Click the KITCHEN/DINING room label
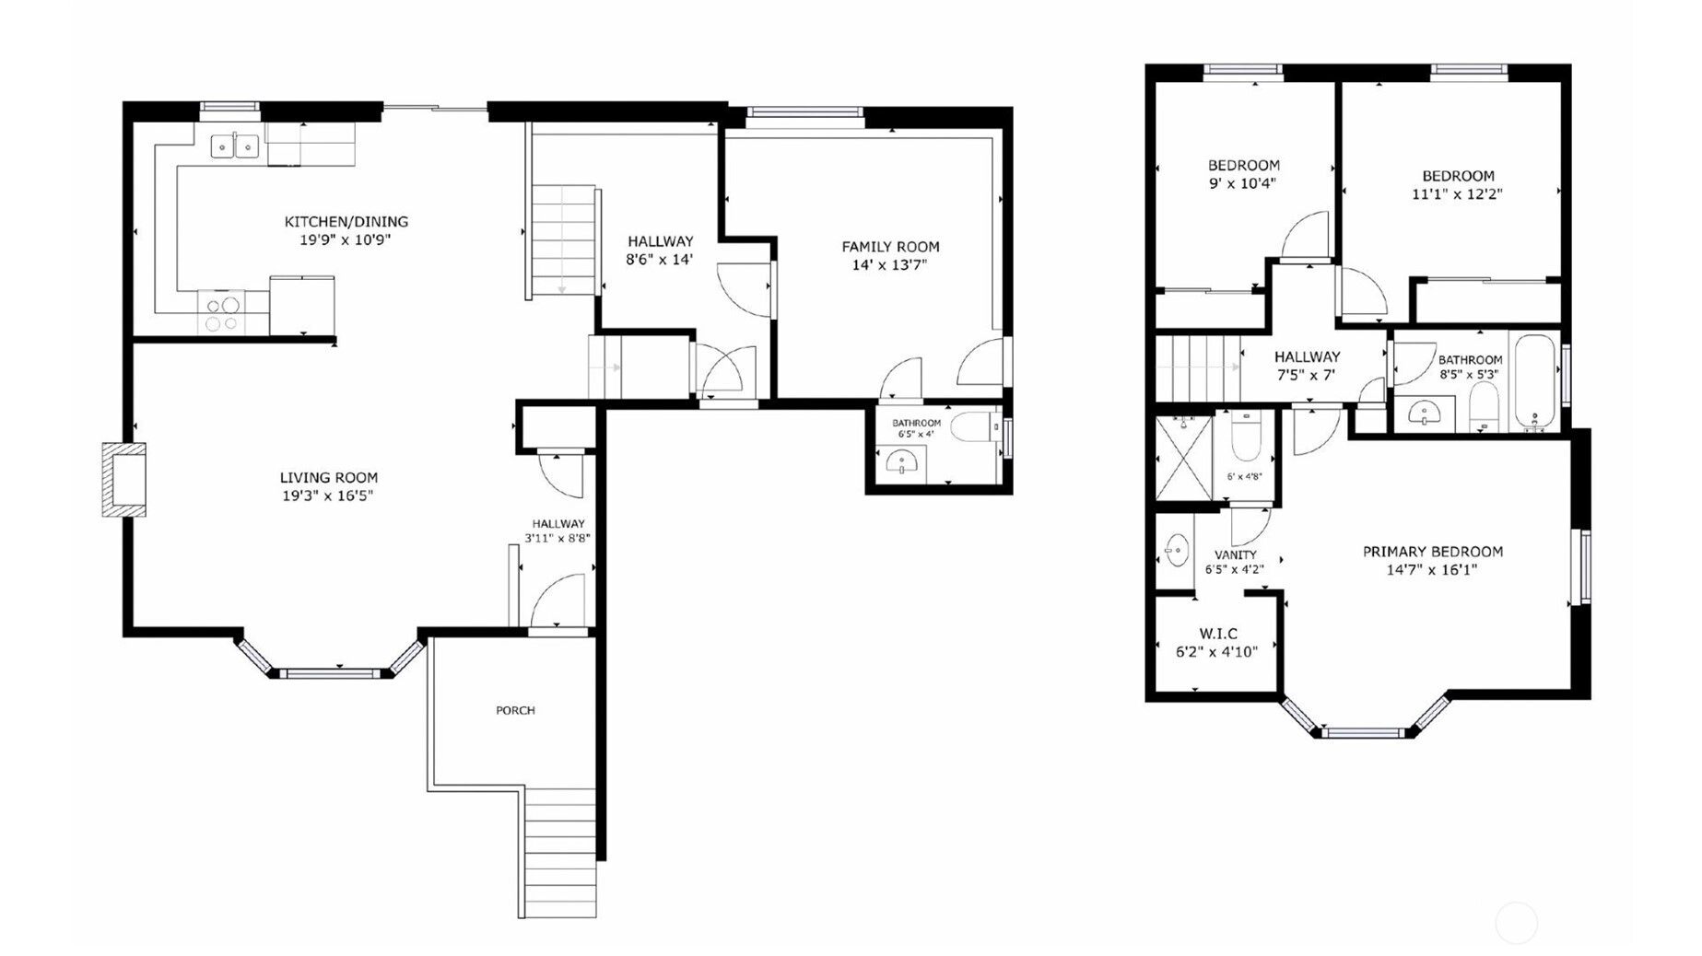click(x=346, y=222)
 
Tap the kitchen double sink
click(x=235, y=146)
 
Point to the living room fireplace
click(x=123, y=480)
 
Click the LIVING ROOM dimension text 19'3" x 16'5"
click(x=327, y=495)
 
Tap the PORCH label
click(x=515, y=710)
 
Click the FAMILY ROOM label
click(x=890, y=247)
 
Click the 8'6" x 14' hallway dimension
click(x=659, y=260)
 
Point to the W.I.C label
click(x=1218, y=634)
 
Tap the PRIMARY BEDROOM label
click(x=1432, y=552)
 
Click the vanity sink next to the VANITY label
click(x=1176, y=551)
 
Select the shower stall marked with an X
click(x=1184, y=458)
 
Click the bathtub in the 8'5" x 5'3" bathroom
click(x=1534, y=382)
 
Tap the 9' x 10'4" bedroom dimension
click(x=1242, y=183)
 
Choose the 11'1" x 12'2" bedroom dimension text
click(x=1457, y=194)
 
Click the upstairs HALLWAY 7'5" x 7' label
click(x=1307, y=366)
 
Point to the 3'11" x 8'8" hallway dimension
click(x=558, y=539)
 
